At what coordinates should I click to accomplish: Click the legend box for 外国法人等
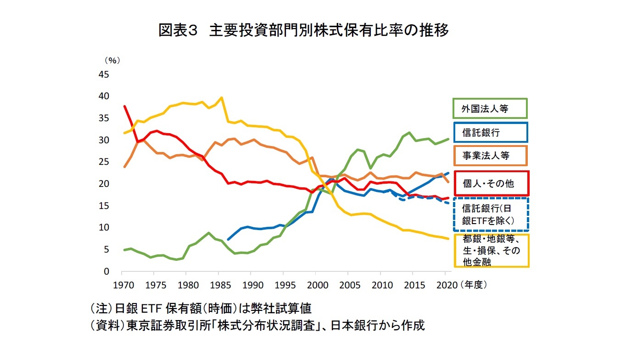point(490,109)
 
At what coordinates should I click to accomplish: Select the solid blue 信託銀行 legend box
point(490,133)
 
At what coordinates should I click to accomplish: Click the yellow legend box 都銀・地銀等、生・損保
point(492,251)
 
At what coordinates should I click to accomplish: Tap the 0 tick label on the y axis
point(106,272)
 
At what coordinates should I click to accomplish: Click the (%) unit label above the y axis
point(112,60)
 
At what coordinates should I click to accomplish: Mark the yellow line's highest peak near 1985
point(222,97)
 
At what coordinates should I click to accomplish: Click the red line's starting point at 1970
point(124,106)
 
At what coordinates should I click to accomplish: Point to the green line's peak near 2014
point(409,133)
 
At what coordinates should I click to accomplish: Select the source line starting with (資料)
point(257,326)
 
